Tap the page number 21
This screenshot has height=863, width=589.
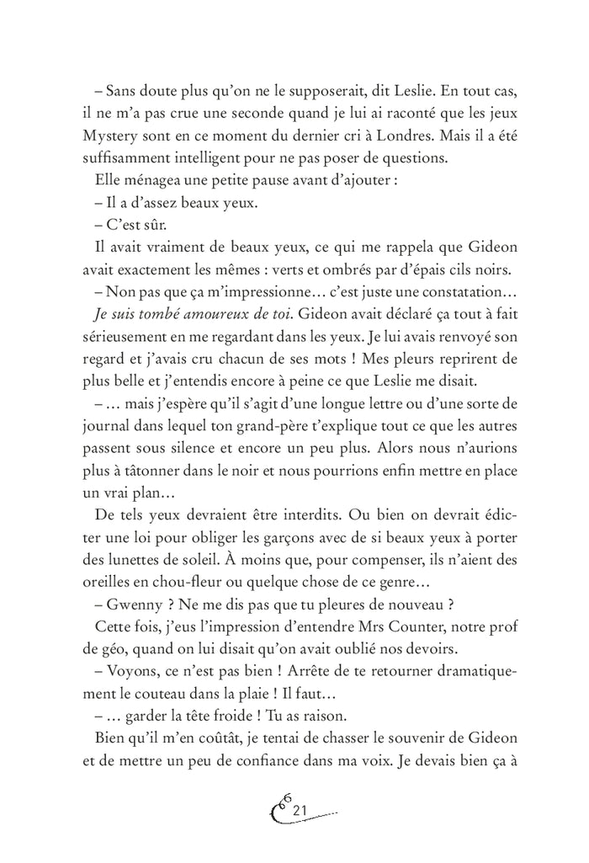tap(300, 810)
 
